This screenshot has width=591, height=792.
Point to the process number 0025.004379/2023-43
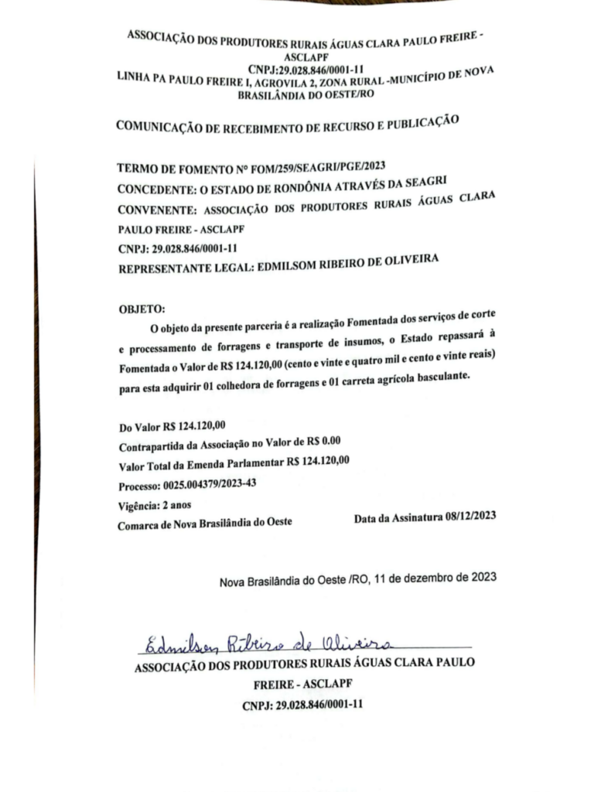pyautogui.click(x=210, y=486)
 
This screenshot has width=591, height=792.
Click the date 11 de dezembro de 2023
pyautogui.click(x=435, y=576)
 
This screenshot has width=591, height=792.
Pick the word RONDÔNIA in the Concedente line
pyautogui.click(x=294, y=185)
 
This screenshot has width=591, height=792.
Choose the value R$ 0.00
pyautogui.click(x=321, y=442)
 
